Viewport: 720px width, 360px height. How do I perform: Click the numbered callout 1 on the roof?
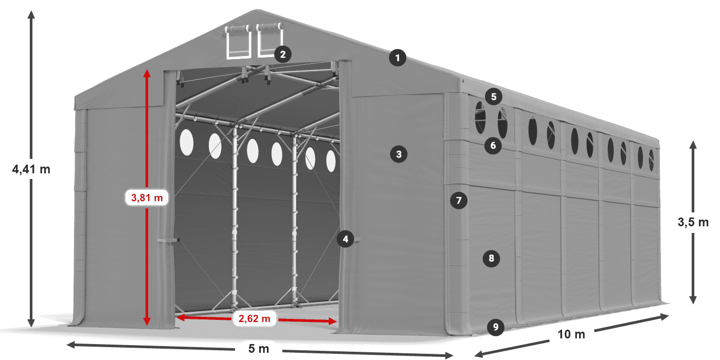398,58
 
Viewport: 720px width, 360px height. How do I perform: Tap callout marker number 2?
283,54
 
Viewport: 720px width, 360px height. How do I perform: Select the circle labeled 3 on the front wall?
399,153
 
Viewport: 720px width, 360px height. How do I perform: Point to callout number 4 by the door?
346,239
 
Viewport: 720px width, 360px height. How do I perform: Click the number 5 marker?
494,96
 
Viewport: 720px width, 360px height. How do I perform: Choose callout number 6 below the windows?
493,146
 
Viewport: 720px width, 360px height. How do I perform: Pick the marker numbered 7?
459,200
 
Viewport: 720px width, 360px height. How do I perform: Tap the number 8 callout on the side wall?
491,258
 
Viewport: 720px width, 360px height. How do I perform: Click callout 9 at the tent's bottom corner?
495,327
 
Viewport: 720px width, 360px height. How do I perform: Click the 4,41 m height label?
31,169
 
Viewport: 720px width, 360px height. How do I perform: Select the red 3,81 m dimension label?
147,197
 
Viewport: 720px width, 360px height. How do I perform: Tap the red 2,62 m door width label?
255,319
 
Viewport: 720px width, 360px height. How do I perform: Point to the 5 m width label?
259,349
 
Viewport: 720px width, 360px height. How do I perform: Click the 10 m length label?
571,335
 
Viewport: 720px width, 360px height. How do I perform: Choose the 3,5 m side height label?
693,222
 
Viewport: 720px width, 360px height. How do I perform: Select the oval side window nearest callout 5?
480,118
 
